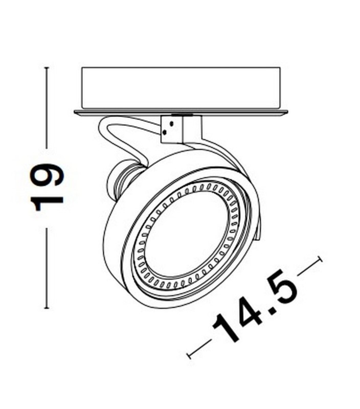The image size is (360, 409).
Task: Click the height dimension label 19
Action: [x=48, y=188]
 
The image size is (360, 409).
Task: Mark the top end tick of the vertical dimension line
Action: [x=47, y=67]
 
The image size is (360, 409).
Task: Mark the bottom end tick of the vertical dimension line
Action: [x=47, y=309]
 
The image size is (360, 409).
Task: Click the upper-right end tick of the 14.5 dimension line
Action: [x=321, y=259]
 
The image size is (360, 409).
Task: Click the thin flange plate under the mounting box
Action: [x=181, y=112]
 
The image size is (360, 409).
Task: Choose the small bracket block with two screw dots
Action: [x=172, y=128]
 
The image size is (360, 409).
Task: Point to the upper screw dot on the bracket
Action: [x=172, y=123]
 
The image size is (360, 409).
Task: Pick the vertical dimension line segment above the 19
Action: [x=47, y=107]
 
